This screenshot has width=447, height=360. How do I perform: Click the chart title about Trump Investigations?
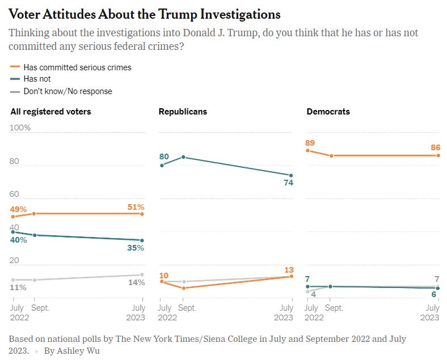coord(145,14)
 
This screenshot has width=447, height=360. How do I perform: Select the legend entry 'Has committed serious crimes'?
coord(77,67)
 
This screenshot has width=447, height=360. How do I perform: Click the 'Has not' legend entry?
coord(37,79)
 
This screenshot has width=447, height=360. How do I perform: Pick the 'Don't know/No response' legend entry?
coord(68,91)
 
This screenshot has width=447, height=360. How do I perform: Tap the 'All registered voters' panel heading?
coord(51,112)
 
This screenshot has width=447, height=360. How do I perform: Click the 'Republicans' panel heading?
coord(183,112)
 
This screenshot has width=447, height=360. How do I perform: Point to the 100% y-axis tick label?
coord(20,128)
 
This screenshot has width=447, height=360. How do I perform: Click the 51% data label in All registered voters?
coord(135,206)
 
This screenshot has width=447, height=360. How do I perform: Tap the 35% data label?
coord(135,248)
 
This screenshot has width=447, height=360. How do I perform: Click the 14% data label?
coord(135,282)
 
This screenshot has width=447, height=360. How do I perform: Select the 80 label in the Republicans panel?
coord(165,156)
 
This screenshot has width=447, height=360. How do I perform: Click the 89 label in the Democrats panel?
coord(310,143)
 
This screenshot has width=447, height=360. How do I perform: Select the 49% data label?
coord(19,209)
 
